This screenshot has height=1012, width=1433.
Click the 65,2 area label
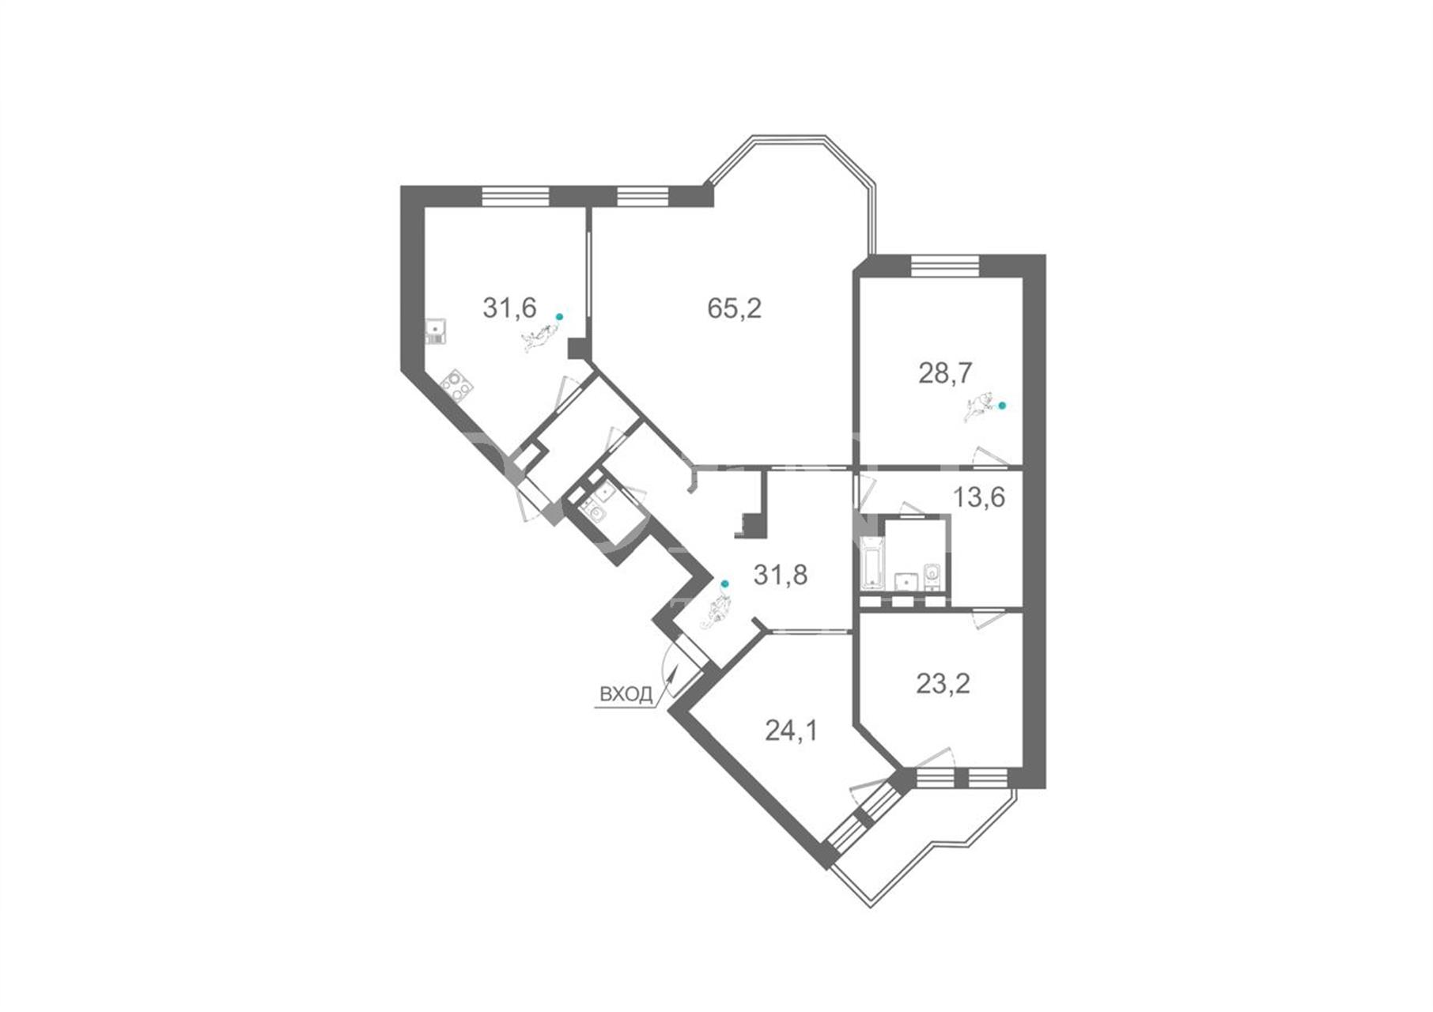click(734, 308)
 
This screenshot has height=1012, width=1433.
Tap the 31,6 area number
click(509, 308)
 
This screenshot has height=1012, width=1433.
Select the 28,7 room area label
click(945, 372)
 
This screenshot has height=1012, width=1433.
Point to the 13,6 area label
click(979, 497)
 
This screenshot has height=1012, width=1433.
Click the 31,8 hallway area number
click(781, 575)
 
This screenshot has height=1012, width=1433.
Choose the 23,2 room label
click(943, 683)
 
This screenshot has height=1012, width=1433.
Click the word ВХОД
click(626, 695)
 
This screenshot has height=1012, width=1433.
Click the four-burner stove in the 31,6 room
click(456, 385)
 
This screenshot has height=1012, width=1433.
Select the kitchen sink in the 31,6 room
click(435, 331)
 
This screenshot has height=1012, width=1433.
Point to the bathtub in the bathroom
click(871, 562)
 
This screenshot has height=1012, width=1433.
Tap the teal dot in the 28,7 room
click(1002, 406)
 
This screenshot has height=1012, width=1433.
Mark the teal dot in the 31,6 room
click(559, 317)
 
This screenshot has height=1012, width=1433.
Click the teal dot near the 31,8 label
click(724, 584)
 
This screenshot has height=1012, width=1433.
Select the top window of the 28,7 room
click(945, 265)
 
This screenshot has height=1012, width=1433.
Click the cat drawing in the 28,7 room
click(979, 408)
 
